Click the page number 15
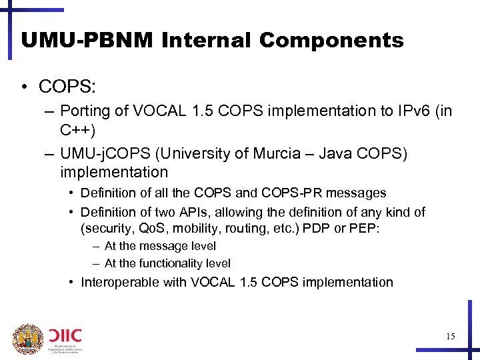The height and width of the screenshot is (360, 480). pyautogui.click(x=450, y=337)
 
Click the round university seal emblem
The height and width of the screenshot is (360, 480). pyautogui.click(x=27, y=339)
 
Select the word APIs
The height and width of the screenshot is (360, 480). pyautogui.click(x=199, y=213)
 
